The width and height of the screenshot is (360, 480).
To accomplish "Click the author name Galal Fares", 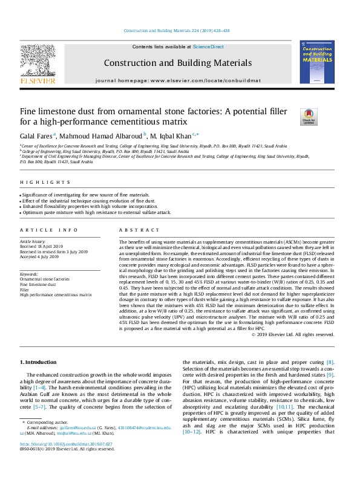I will tap(36, 135).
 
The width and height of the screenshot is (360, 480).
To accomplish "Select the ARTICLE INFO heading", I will tap(41, 230).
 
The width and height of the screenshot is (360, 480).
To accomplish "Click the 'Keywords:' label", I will tap(29, 274).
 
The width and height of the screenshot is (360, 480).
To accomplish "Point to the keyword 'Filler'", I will tap(25, 289).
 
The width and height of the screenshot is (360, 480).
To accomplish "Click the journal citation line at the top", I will tap(180, 30).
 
